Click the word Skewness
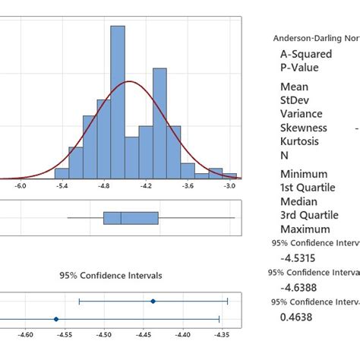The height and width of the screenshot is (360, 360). [x=304, y=128]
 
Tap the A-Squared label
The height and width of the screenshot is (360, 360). [x=305, y=54]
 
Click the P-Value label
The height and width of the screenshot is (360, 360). [x=299, y=68]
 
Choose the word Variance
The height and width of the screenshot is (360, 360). [x=302, y=114]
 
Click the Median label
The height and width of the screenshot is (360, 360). [x=298, y=201]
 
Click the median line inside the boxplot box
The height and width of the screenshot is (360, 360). [x=121, y=219]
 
